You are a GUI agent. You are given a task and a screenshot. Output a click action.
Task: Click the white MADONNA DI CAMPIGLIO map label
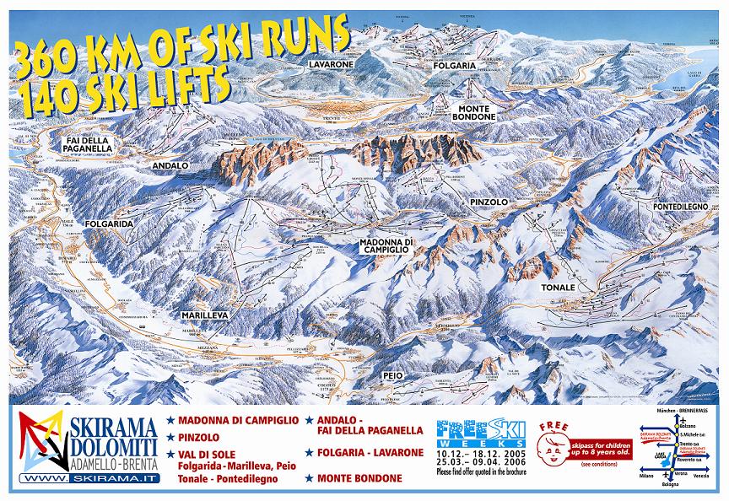(x=386, y=246)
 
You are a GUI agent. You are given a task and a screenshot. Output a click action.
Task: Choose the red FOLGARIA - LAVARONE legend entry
(x=370, y=452)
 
